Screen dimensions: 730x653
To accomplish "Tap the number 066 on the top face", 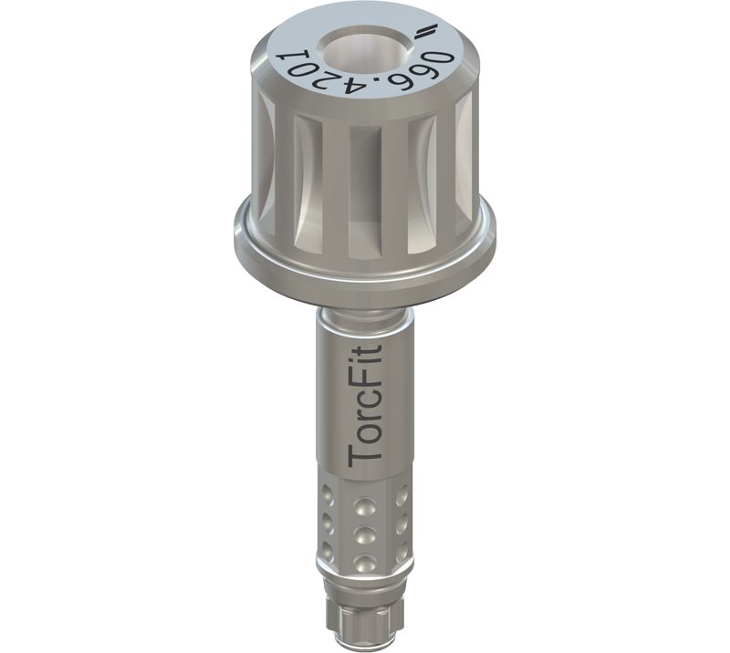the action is [x=426, y=73].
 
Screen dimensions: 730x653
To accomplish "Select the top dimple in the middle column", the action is [x=364, y=505].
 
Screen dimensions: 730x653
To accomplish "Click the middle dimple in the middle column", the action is [x=364, y=534].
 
